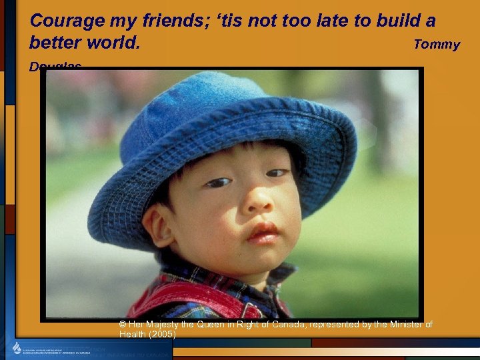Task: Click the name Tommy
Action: pos(437,45)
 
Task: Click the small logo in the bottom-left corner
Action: pos(17,348)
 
